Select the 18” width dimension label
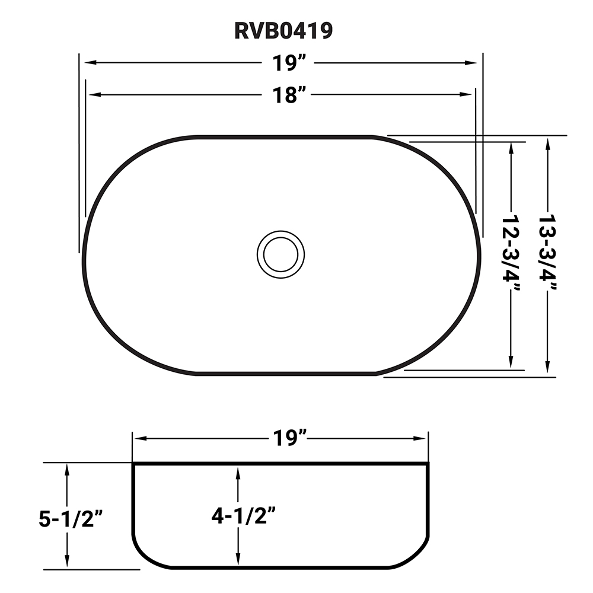289,94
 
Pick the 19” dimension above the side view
289,439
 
